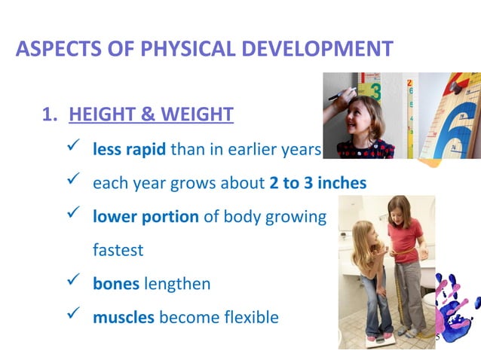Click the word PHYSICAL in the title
168,50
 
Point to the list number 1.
47,114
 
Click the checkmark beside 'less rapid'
74,148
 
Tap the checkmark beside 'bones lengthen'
74,283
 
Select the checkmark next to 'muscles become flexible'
74,317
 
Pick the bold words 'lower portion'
146,217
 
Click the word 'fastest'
118,250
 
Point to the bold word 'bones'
115,284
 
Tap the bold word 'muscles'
124,318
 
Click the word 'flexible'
245,318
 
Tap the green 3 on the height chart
375,92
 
